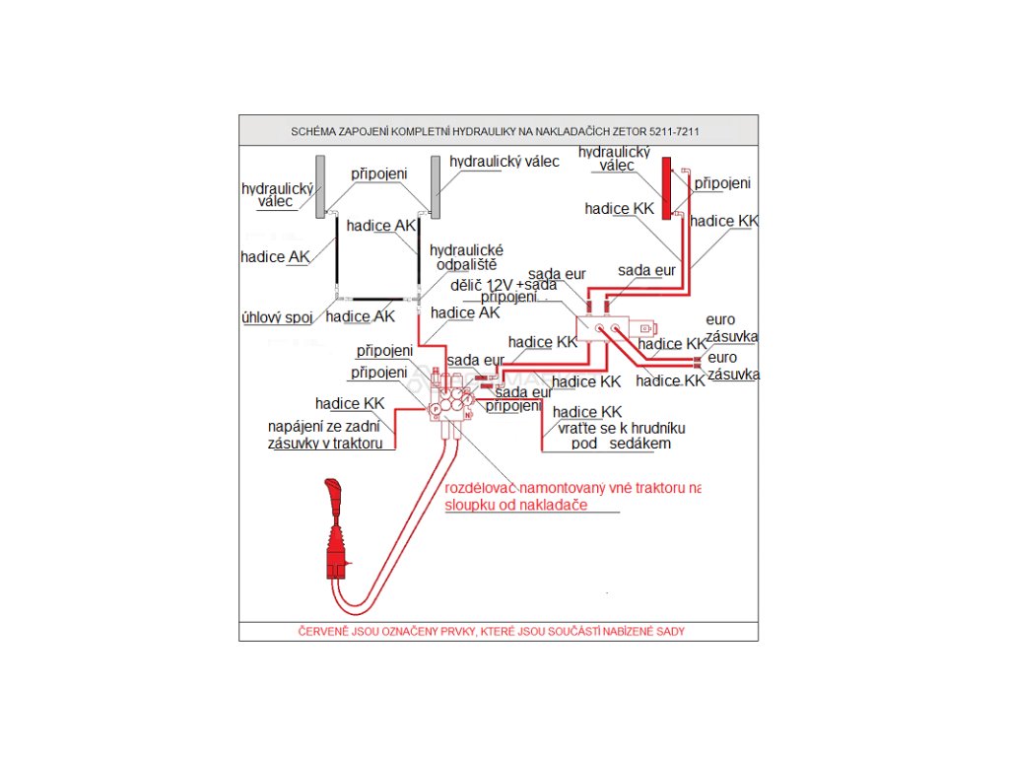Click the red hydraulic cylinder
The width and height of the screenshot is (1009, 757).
point(667,187)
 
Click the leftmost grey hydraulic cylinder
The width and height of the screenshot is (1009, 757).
point(319,187)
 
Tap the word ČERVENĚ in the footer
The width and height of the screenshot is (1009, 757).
point(323,631)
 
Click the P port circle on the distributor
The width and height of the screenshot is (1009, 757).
point(435,392)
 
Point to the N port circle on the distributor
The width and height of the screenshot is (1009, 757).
point(467,414)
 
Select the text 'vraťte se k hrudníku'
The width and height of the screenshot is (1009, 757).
point(620,428)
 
